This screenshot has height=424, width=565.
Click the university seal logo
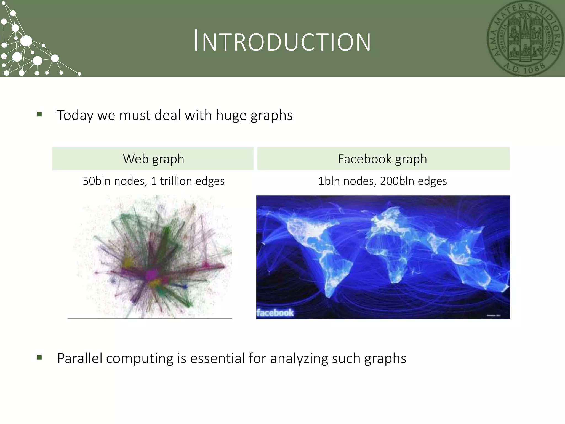pos(525,39)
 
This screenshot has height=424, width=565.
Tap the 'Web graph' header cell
pos(153,159)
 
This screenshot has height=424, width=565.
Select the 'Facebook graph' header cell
pos(383,159)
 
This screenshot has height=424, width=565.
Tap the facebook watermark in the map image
pos(275,313)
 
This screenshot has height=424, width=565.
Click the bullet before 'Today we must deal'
pos(39,114)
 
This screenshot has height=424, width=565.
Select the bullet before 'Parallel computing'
pos(39,358)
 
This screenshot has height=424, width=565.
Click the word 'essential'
pos(218,358)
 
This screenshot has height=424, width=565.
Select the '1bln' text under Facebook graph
pos(328,181)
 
